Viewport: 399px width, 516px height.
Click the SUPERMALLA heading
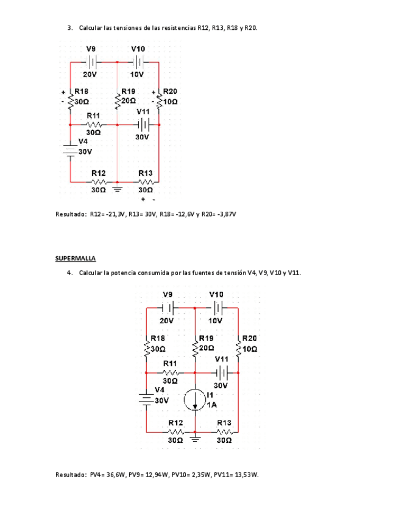coord(76,259)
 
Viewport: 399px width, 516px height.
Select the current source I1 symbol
coord(195,400)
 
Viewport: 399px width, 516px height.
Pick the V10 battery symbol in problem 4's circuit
coord(219,307)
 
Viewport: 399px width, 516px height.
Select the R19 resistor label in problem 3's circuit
coord(129,91)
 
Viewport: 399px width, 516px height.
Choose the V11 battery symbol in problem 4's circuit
coord(224,372)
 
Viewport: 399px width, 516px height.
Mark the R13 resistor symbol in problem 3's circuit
coord(146,181)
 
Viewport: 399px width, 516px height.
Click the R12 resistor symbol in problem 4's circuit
coord(175,430)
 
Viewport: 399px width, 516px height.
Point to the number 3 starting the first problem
coord(69,28)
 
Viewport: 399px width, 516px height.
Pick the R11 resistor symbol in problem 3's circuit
coord(93,124)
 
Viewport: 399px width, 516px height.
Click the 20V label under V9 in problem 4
coord(168,320)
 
